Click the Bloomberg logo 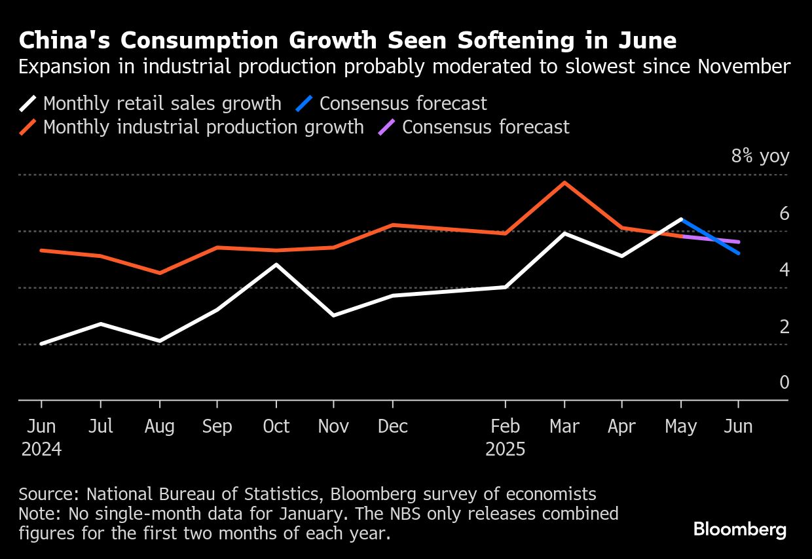(740, 530)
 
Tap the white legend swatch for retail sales (29, 103)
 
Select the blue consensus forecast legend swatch (305, 103)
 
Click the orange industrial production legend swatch (29, 127)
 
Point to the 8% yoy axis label (760, 157)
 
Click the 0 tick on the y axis (784, 382)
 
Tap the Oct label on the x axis (276, 427)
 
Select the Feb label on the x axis (505, 427)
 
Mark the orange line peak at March (564, 183)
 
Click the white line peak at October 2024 (276, 264)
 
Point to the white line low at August (159, 341)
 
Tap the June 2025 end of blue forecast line (739, 253)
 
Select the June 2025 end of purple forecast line (739, 242)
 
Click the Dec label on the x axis (393, 427)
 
